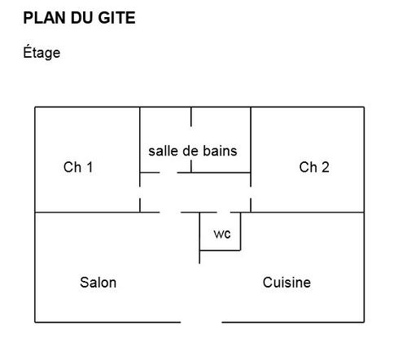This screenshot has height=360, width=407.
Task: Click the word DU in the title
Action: (82, 18)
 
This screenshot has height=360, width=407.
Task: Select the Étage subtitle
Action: (42, 52)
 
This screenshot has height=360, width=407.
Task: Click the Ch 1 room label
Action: (78, 167)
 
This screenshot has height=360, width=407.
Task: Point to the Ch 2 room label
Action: (314, 167)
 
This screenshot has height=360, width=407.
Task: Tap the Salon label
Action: (98, 283)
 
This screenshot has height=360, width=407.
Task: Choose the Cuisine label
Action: (287, 283)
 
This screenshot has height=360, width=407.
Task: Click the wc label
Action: (222, 234)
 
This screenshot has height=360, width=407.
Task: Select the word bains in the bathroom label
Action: (220, 151)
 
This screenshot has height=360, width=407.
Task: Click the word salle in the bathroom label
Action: (164, 151)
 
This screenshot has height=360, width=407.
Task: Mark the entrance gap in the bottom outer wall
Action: (201, 323)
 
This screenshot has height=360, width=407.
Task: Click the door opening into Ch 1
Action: (140, 192)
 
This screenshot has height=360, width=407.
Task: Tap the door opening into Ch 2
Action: (251, 192)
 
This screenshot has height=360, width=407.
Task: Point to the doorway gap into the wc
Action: (224, 213)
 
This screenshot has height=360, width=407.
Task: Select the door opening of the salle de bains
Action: (168, 173)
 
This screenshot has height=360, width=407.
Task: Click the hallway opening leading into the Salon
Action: (170, 213)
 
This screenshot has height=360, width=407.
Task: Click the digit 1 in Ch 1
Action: (90, 167)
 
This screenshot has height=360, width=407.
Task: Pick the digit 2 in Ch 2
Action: (326, 167)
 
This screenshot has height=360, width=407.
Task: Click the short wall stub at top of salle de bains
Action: (191, 116)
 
